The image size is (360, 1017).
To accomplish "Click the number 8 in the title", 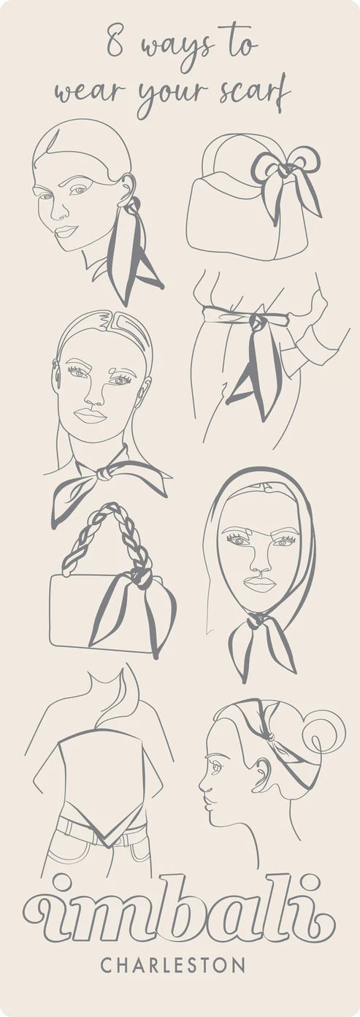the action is (115, 42).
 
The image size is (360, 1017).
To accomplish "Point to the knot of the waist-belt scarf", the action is (260, 323).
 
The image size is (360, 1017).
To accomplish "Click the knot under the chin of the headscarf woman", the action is (257, 621).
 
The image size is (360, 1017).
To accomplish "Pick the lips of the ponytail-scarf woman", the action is (66, 231).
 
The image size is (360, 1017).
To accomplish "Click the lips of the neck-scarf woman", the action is (90, 416).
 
